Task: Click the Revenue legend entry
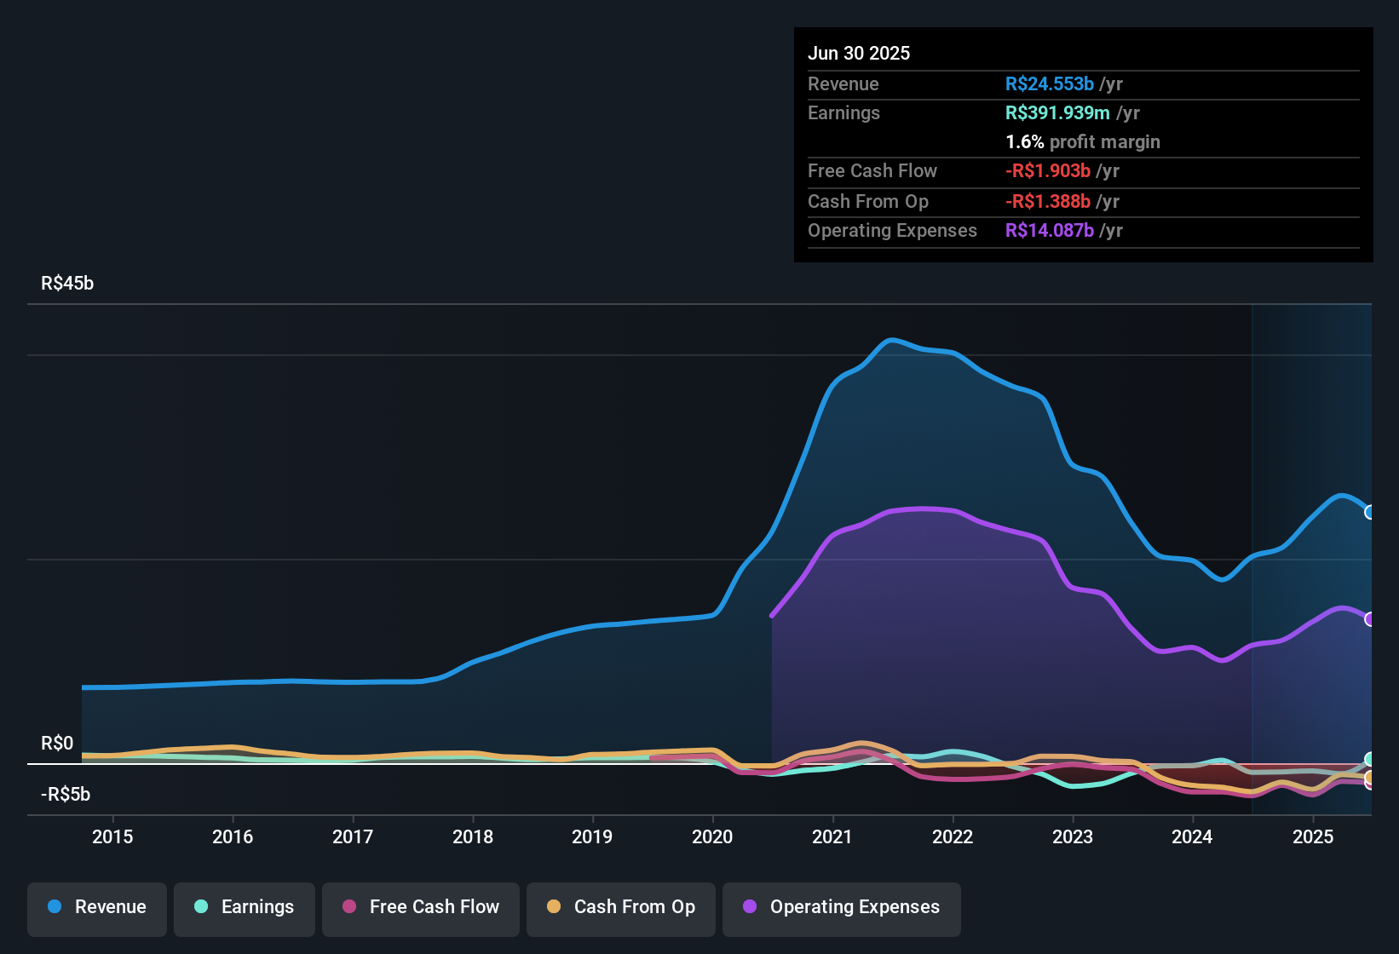pos(97,907)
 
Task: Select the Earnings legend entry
pos(245,907)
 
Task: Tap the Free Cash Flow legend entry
pos(421,907)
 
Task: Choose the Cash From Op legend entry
pos(621,907)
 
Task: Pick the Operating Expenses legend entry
pos(842,907)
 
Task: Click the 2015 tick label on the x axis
pos(112,836)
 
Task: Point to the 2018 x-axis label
pos(473,836)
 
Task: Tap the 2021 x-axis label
pos(832,836)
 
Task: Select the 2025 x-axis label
pos(1313,836)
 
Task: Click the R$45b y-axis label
pos(67,284)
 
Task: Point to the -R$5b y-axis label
pos(66,795)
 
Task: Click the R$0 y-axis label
pos(57,744)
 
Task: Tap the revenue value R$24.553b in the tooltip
pos(1049,84)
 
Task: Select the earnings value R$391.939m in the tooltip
pos(1057,113)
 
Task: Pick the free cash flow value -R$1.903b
pos(1047,171)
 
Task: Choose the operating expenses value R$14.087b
pos(1049,231)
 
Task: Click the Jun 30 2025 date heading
pos(859,54)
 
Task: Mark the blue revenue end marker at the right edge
pos(1369,512)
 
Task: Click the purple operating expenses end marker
pos(1369,619)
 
